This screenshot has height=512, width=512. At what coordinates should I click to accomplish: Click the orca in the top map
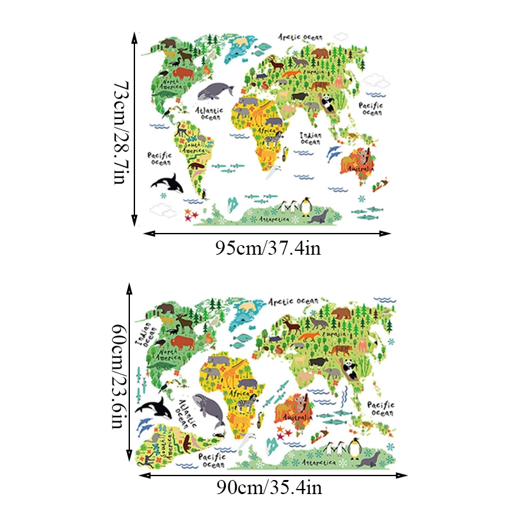point(168,184)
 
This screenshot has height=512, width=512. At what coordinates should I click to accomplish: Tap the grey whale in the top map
point(214,92)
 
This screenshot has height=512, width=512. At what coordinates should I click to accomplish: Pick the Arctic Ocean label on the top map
point(300,37)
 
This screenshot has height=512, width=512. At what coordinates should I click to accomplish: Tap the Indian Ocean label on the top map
point(310,138)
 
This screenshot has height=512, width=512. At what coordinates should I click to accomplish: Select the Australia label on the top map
point(359,168)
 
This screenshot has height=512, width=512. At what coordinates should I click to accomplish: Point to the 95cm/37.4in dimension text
point(268,248)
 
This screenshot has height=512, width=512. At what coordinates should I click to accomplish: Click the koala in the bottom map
point(296,404)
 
